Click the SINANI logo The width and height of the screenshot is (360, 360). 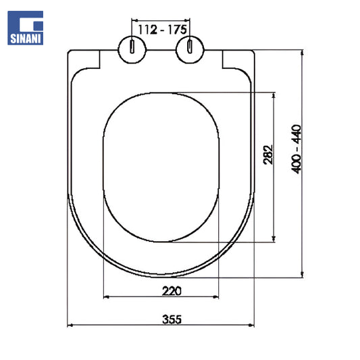point(25,28)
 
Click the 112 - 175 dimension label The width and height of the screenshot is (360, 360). point(162,30)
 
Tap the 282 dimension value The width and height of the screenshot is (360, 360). point(268,155)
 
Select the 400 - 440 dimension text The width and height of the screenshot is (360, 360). point(297,149)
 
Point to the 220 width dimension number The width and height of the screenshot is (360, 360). point(172,291)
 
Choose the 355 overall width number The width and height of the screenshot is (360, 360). point(172,319)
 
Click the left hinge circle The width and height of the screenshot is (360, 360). point(132,49)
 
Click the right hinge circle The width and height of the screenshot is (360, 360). point(190,49)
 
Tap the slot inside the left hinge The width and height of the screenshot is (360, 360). point(132,47)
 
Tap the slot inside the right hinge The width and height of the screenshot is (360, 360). point(190,47)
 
